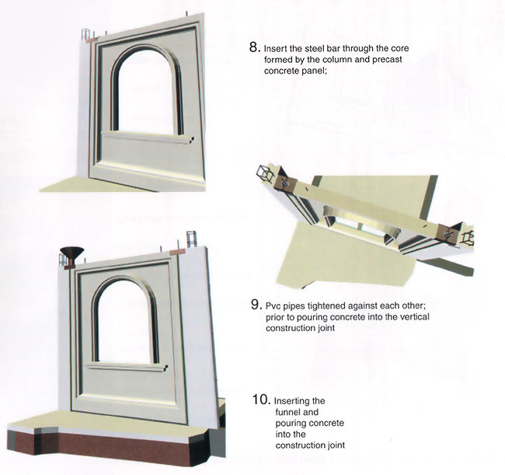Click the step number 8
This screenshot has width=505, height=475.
[254, 47]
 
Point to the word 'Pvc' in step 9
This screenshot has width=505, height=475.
[273, 306]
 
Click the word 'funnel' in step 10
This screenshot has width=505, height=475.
[297, 412]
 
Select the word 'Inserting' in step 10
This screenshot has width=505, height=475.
[299, 401]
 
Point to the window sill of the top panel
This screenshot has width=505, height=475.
[148, 138]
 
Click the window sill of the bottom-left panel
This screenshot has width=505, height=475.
[127, 367]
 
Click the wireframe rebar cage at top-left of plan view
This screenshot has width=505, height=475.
[265, 173]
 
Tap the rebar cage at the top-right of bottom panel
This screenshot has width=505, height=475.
[191, 239]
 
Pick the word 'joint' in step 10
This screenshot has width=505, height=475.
[336, 445]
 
